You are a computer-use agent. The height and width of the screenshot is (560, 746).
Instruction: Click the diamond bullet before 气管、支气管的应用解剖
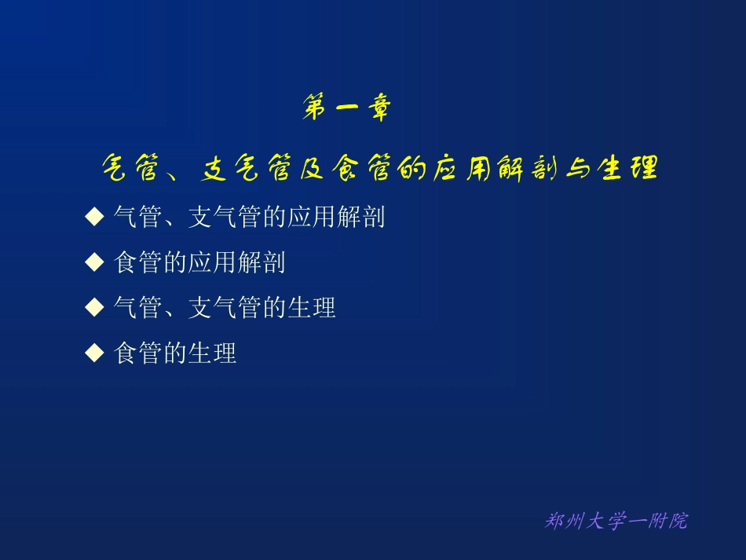coord(94,217)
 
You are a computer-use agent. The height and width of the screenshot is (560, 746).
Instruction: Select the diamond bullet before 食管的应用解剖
coord(94,262)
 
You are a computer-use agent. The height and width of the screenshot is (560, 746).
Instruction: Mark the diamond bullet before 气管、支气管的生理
coord(94,307)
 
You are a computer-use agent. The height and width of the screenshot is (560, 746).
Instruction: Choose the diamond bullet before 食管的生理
coord(94,353)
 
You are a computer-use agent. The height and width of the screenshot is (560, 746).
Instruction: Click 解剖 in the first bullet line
coord(360,218)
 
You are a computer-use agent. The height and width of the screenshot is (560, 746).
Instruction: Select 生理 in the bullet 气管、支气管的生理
coord(311,308)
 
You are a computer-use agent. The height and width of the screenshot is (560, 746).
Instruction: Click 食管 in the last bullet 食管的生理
coord(138,353)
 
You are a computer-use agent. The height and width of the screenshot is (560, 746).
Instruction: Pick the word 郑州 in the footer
coord(561,521)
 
